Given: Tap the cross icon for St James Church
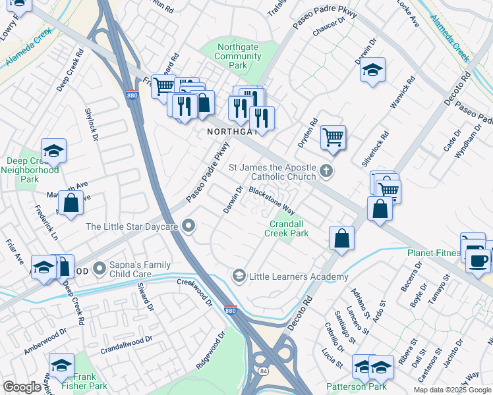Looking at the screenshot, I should [325, 172].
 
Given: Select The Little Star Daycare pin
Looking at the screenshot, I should [189, 226].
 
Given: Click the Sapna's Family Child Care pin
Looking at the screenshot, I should [100, 268].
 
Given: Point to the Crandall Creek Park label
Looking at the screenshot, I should [287, 228].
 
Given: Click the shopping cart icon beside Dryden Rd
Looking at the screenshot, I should [333, 138].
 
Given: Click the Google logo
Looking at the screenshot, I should [21, 387].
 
